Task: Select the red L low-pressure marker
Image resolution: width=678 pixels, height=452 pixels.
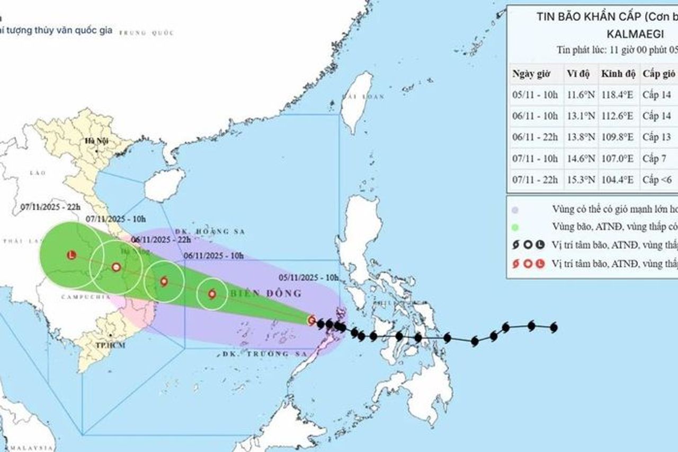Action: (72, 255)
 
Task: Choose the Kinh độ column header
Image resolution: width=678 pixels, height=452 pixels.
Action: (618, 74)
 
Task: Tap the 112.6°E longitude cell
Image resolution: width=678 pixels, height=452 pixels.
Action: (618, 116)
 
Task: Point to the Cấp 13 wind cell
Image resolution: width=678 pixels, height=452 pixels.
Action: (656, 137)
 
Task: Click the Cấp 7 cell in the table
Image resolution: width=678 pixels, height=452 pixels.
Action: (654, 158)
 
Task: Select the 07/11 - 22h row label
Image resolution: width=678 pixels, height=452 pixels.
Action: (535, 179)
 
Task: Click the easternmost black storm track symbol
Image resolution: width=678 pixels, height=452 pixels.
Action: (554, 327)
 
